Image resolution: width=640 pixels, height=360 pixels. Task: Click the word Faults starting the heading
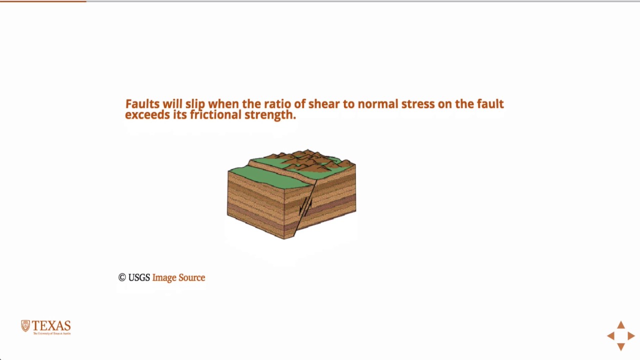click(142, 104)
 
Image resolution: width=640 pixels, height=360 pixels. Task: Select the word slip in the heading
click(195, 104)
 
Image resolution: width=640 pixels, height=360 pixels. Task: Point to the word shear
click(323, 104)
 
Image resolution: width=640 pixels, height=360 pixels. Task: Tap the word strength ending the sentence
click(270, 115)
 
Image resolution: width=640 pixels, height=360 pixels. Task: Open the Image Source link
click(178, 277)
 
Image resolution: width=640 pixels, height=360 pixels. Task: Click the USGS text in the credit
click(139, 277)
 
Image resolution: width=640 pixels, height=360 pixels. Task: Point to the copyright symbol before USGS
click(122, 277)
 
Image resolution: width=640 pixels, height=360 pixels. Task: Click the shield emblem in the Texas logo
click(25, 326)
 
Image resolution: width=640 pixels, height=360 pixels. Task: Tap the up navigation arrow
click(621, 325)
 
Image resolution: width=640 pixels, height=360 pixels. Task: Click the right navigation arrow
click(631, 336)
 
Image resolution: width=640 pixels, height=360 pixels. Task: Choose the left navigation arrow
click(610, 336)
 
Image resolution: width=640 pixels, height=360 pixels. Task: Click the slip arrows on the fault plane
click(305, 205)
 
